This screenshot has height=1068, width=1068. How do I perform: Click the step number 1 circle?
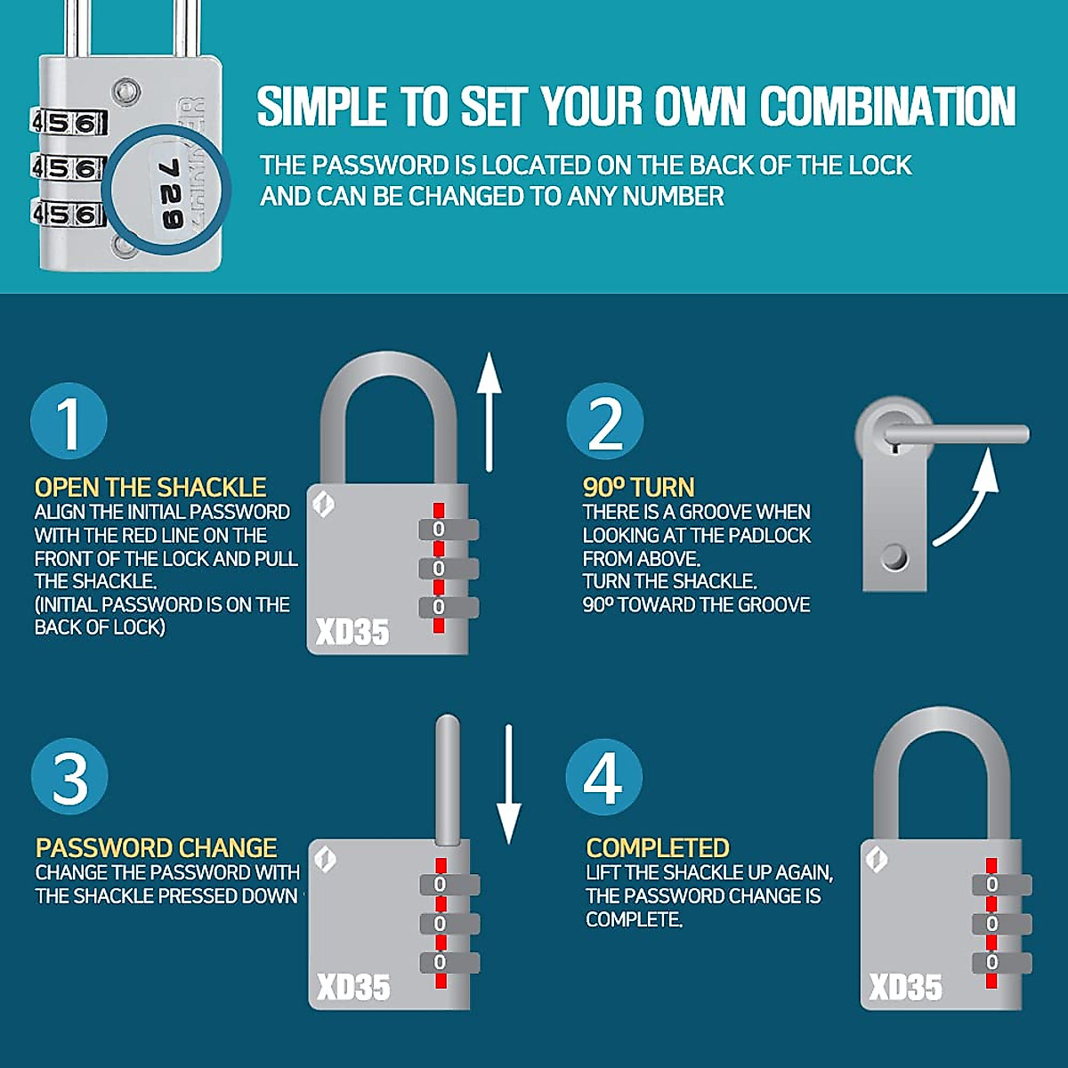tap(69, 421)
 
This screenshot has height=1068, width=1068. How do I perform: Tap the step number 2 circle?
tap(605, 421)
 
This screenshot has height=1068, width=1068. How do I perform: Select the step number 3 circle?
tap(69, 777)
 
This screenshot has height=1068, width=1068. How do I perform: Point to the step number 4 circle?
tap(603, 777)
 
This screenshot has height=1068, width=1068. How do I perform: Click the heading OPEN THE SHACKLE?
tap(150, 488)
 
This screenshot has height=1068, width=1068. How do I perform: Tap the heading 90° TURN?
tap(638, 488)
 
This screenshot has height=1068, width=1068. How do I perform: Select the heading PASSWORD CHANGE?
tap(156, 847)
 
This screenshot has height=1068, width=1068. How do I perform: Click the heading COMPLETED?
tap(658, 847)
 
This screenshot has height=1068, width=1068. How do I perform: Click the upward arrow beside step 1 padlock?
tap(489, 411)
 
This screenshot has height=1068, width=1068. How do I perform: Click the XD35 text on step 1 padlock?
tap(352, 632)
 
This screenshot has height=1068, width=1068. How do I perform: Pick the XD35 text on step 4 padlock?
tap(905, 987)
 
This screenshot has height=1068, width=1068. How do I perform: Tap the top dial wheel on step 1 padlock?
tap(449, 530)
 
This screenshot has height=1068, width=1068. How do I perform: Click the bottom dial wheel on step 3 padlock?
tap(449, 962)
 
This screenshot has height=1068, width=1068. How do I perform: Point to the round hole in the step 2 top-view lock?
tap(894, 558)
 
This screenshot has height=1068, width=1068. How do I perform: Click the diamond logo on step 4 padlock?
tap(877, 859)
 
